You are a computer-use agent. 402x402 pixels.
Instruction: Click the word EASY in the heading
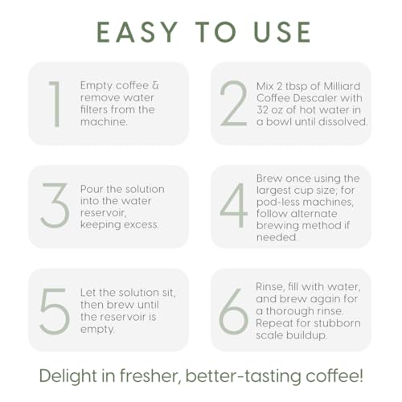(x=137, y=32)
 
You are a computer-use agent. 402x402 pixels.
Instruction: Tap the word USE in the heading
(x=282, y=32)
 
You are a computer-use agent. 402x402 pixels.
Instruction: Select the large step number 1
(x=55, y=104)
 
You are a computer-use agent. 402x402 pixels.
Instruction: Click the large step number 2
(x=233, y=104)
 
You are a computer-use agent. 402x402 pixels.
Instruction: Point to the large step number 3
(x=55, y=206)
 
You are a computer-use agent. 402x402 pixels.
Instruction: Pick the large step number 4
(x=233, y=206)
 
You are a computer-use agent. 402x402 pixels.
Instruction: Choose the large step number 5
(x=55, y=311)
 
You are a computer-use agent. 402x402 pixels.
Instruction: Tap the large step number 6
(x=233, y=311)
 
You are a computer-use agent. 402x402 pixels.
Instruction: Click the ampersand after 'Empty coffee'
(x=155, y=85)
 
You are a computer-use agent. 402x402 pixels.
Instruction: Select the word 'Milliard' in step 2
(x=342, y=86)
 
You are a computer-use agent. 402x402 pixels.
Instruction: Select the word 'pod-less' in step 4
(x=274, y=202)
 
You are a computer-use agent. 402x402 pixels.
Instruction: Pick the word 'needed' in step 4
(x=277, y=237)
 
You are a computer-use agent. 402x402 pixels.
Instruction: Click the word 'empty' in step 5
(x=97, y=329)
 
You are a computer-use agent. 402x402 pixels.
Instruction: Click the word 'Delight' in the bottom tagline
(x=68, y=375)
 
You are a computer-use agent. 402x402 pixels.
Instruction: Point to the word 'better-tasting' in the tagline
(x=244, y=376)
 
